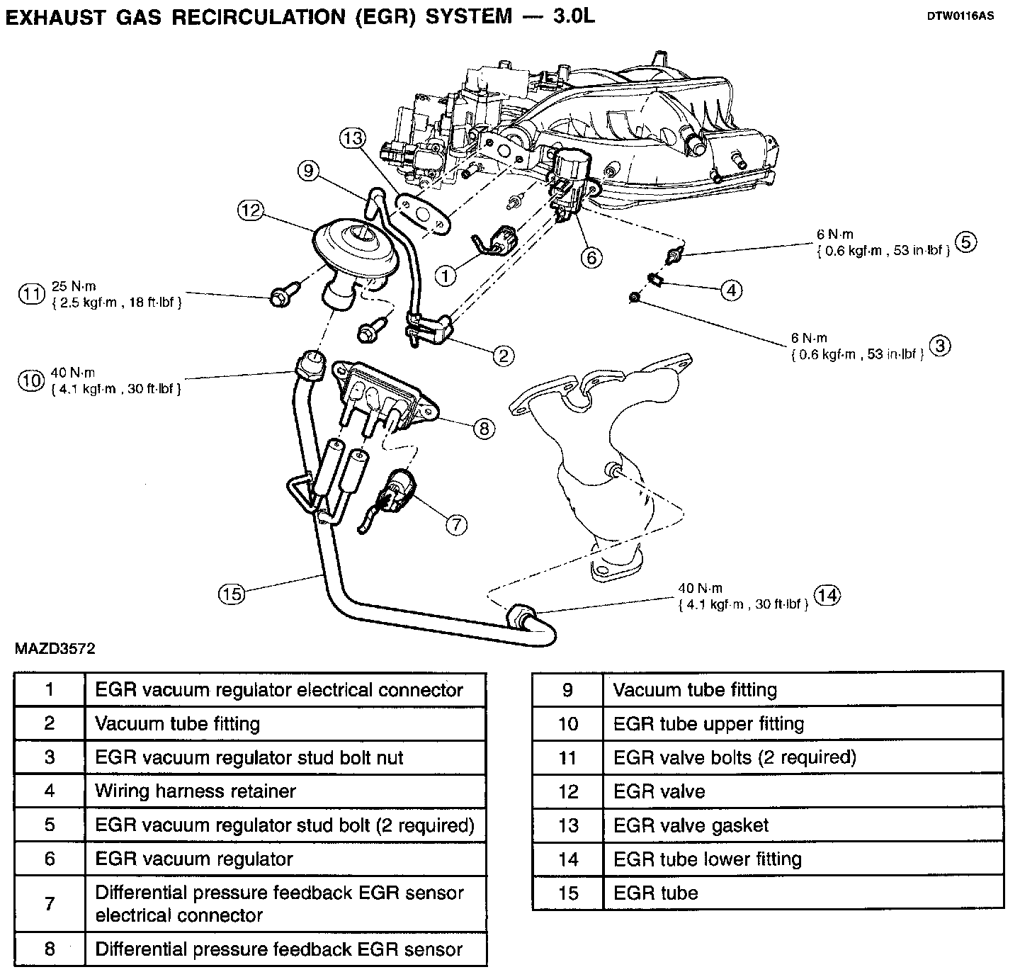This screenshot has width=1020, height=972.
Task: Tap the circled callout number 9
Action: [309, 171]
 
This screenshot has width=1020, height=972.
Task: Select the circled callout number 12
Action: [251, 210]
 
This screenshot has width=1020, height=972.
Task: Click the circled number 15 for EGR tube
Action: [231, 593]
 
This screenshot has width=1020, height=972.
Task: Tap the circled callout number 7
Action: [456, 524]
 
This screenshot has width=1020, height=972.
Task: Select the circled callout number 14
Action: [827, 595]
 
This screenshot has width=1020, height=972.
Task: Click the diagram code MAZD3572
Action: [54, 648]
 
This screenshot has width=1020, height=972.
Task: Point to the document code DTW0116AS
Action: [960, 16]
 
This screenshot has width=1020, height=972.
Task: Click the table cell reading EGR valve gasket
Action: [691, 825]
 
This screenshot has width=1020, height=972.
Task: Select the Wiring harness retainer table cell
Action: [195, 791]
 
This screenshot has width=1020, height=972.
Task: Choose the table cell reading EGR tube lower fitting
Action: [707, 859]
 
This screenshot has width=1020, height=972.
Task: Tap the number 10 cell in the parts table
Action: [568, 723]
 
